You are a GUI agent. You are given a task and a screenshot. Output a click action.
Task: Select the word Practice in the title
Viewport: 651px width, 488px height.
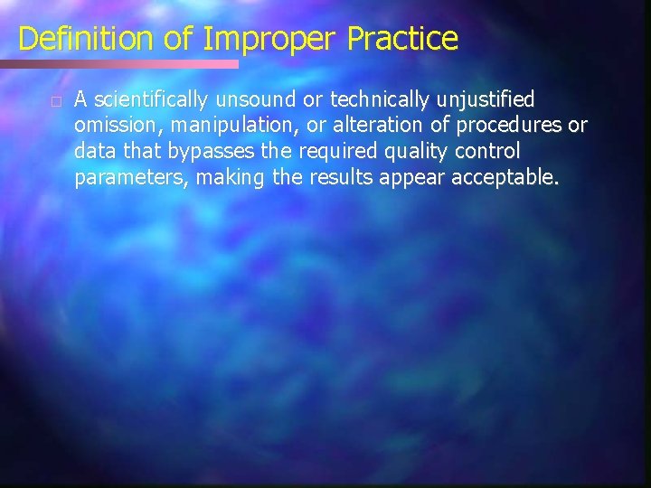point(402,39)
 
